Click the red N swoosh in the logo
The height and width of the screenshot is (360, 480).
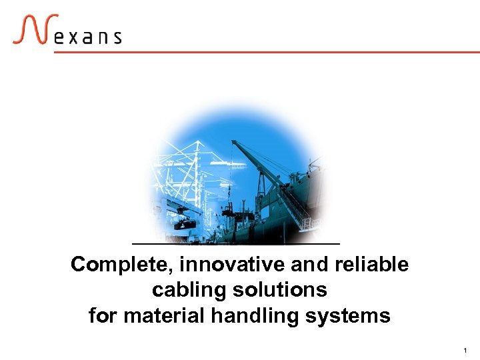click(x=31, y=29)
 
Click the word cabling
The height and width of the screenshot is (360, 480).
click(x=183, y=290)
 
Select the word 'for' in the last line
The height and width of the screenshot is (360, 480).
click(x=103, y=315)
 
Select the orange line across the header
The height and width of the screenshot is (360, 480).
click(x=267, y=52)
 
